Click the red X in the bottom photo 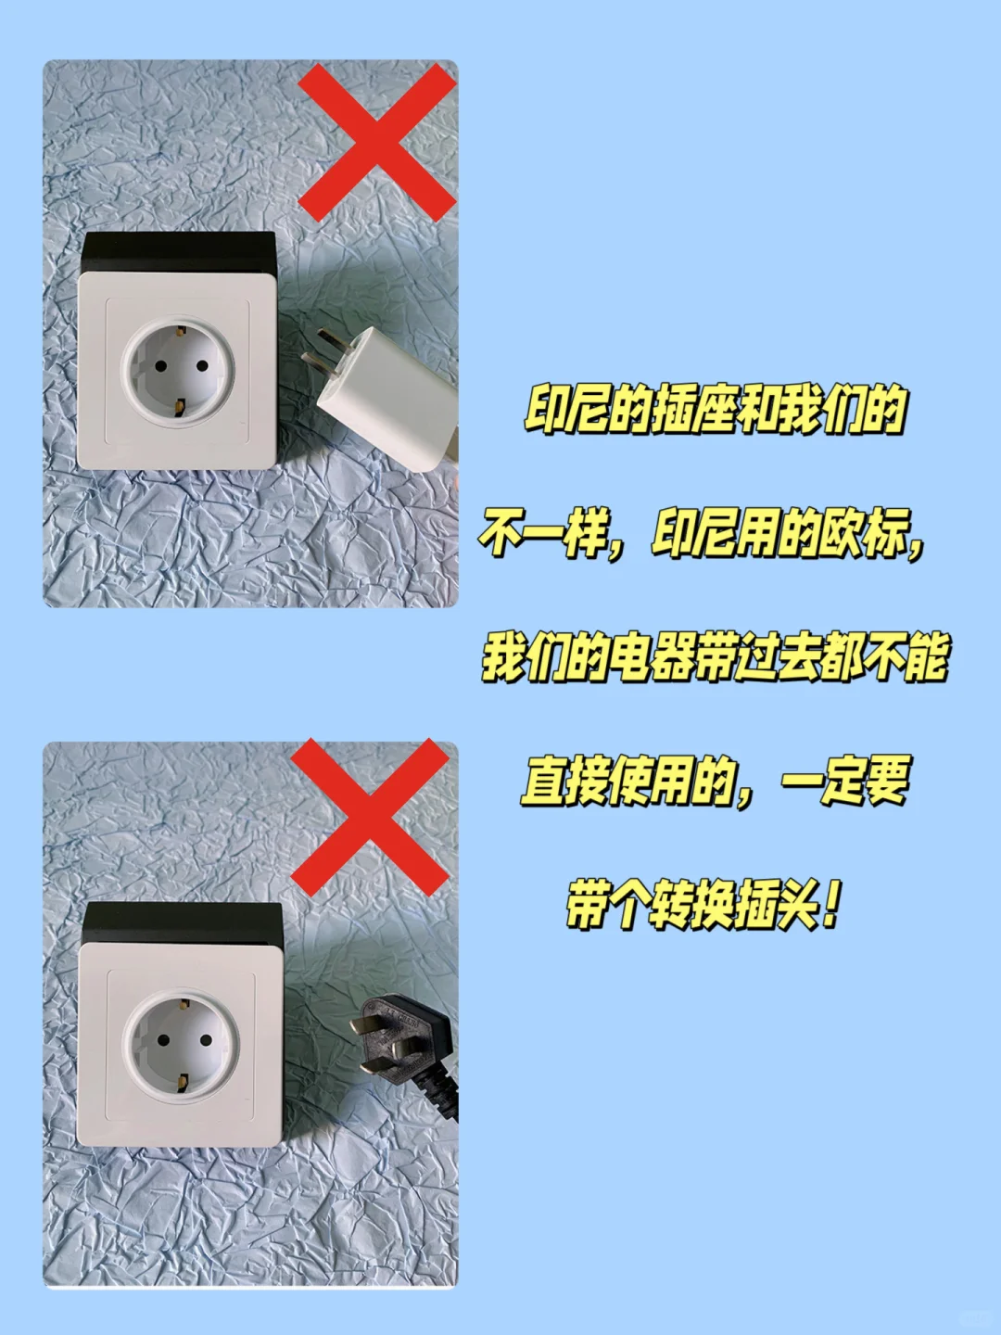click(370, 817)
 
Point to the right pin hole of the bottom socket click(205, 1039)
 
